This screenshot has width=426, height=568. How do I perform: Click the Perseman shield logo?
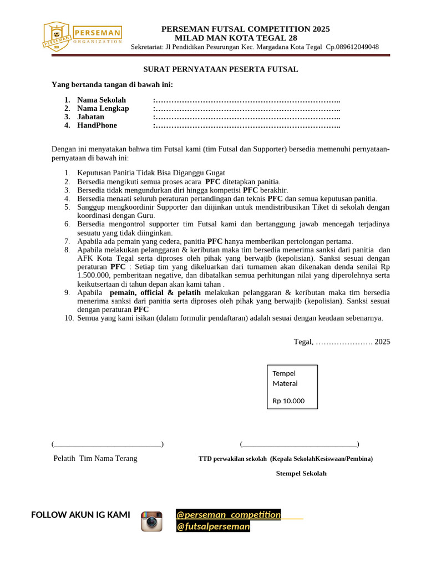click(57, 37)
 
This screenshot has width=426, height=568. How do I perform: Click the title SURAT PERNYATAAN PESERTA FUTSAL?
click(221, 69)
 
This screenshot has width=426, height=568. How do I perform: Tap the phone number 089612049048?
click(353, 47)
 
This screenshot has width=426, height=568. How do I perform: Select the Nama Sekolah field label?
click(102, 100)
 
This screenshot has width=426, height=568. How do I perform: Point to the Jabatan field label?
click(90, 116)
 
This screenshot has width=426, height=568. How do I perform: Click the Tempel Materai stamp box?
click(292, 387)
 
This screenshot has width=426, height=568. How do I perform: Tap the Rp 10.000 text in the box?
click(288, 400)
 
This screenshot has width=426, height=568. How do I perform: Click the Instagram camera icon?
click(151, 521)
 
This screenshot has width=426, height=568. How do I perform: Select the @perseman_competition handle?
click(229, 515)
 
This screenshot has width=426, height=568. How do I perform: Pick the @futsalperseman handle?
click(213, 526)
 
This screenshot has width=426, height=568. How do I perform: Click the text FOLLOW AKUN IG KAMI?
click(80, 515)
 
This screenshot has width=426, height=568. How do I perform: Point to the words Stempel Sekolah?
click(301, 473)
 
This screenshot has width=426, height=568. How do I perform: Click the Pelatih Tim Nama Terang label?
click(95, 458)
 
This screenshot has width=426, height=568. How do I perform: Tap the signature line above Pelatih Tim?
click(107, 444)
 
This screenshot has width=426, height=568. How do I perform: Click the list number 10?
click(69, 318)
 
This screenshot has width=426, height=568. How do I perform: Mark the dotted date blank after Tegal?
click(344, 342)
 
